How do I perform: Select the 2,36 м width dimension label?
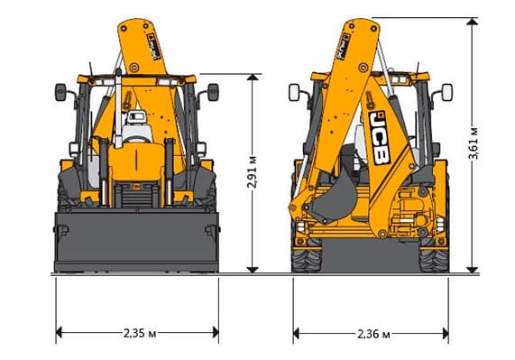(x=374, y=335)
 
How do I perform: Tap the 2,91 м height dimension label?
(x=253, y=171)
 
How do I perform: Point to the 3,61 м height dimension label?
(x=474, y=143)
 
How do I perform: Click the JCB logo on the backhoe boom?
(x=380, y=137)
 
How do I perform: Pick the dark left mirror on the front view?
(x=60, y=92)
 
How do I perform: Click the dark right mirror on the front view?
(x=213, y=92)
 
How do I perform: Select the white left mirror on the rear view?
(x=294, y=93)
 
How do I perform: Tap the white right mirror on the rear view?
(x=447, y=93)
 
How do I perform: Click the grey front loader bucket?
(x=136, y=242)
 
